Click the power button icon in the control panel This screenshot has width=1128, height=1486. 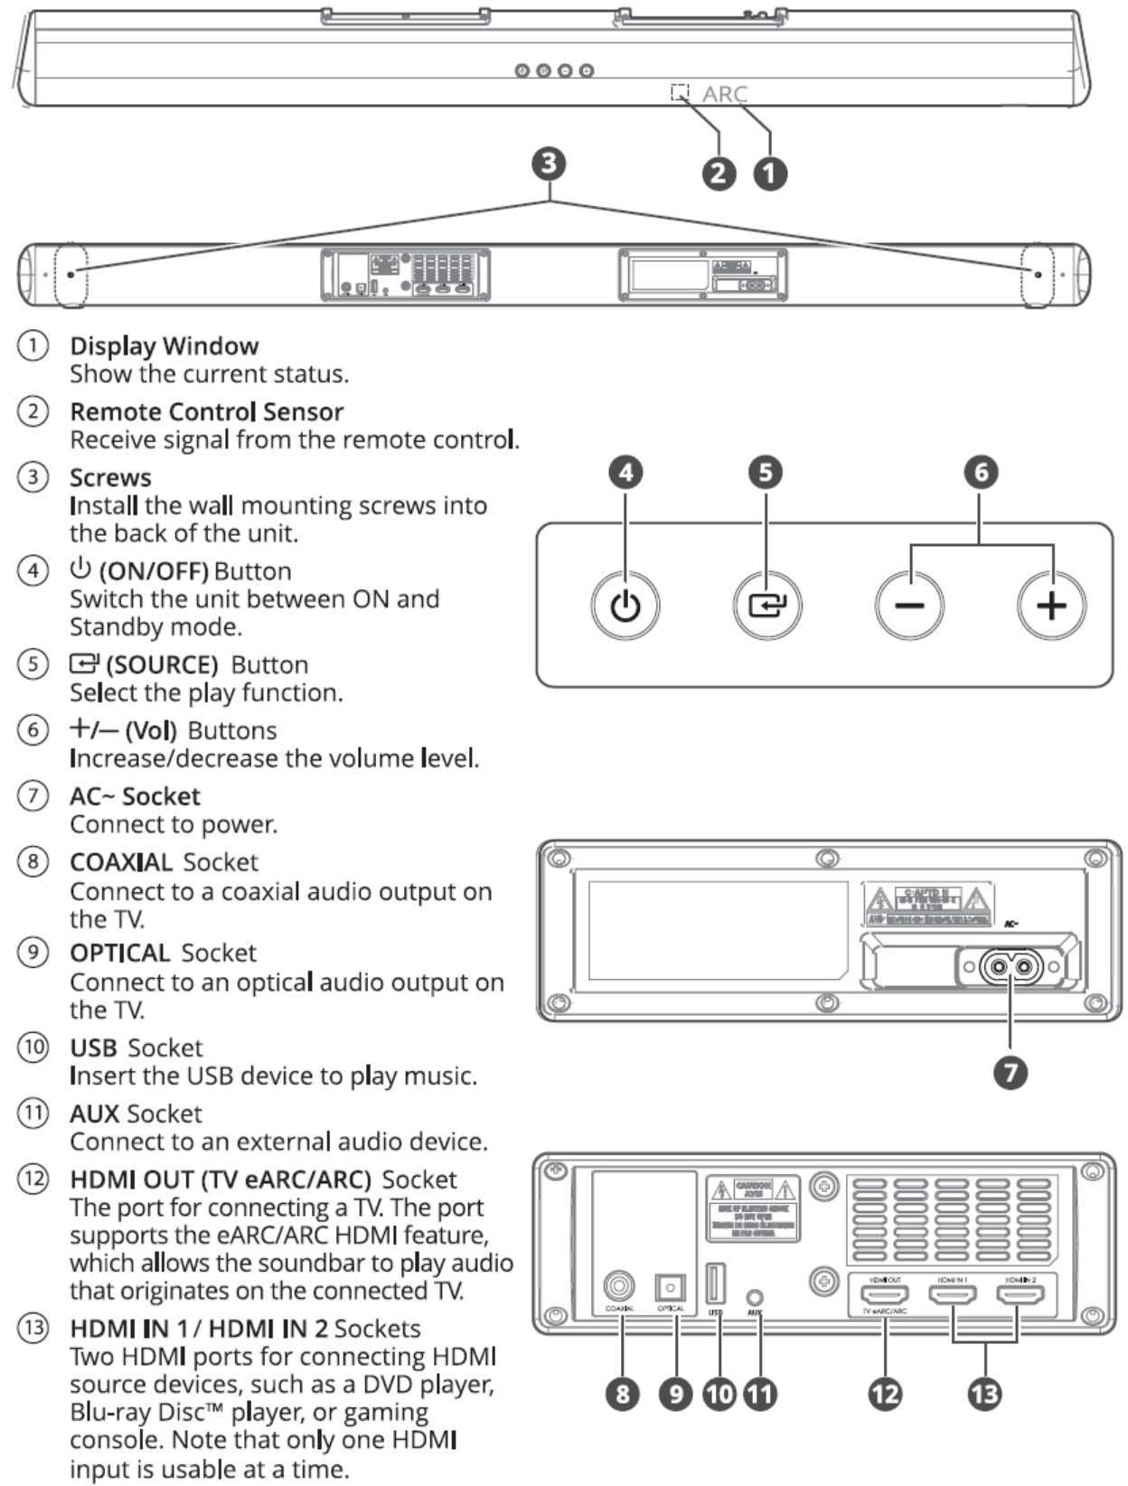[x=625, y=606]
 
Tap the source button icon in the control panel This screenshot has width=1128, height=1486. [x=766, y=606]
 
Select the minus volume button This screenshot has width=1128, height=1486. [x=909, y=606]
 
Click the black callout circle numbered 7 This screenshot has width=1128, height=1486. [x=1010, y=1073]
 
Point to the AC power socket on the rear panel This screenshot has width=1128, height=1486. [x=1010, y=968]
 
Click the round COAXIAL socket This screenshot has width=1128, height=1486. [x=619, y=1285]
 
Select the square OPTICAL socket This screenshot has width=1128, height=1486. [x=670, y=1287]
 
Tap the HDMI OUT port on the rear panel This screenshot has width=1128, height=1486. [x=884, y=1295]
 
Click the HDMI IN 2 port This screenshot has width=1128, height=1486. [x=1020, y=1295]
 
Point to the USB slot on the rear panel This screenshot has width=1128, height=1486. [x=715, y=1284]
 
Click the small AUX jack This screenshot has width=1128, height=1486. [x=755, y=1298]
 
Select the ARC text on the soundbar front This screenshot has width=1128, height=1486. [x=725, y=94]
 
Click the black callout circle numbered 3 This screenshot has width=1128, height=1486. [x=549, y=164]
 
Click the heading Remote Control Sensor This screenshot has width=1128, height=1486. [x=206, y=412]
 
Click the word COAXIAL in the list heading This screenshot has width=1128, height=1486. [x=120, y=862]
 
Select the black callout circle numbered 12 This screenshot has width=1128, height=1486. [x=885, y=1393]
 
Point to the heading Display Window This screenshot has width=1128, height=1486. [x=164, y=346]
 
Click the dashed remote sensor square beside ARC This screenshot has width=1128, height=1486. [x=680, y=92]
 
